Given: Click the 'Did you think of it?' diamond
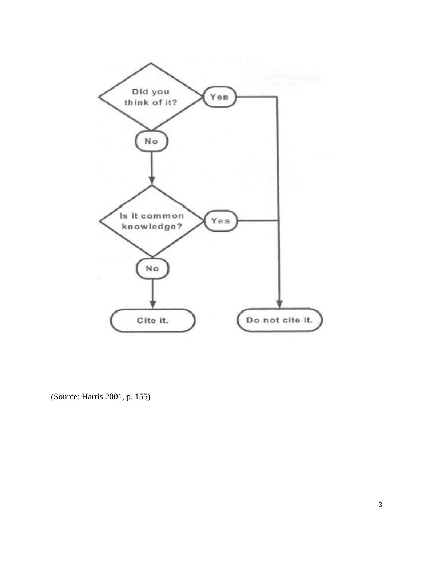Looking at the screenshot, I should click(151, 97).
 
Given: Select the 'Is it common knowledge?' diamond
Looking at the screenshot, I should click(152, 221).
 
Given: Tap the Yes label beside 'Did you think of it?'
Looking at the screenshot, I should click(219, 97).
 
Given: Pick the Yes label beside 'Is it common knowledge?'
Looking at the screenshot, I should click(221, 221).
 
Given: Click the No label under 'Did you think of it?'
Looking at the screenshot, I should click(151, 141).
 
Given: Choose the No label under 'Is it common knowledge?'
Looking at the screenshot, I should click(152, 269).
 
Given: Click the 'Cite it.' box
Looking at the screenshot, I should click(152, 321).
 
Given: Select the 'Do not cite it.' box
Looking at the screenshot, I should click(279, 320).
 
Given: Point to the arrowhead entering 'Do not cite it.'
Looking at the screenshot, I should click(279, 304).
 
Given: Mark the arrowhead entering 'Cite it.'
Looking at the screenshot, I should click(153, 304).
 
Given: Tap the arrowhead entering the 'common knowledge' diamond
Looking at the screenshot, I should click(152, 180).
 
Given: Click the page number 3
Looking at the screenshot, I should click(380, 505).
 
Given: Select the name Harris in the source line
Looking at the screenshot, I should click(92, 397).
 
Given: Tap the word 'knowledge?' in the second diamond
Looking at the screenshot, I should click(152, 227).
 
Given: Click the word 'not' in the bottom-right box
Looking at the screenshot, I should click(271, 320).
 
